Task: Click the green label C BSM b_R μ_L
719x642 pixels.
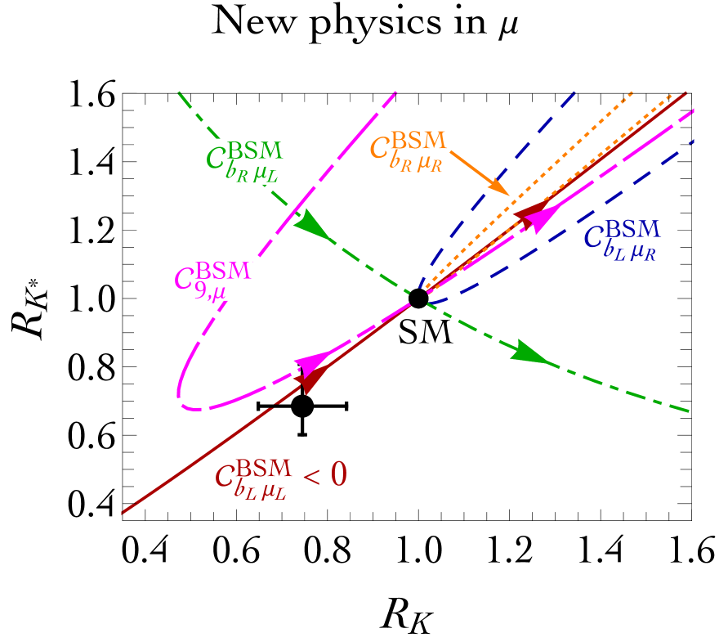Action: click(246, 160)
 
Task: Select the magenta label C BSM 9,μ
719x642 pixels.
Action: click(213, 281)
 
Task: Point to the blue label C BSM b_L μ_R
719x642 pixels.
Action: click(622, 240)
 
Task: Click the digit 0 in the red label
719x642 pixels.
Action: click(338, 475)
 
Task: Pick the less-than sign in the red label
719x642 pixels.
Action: click(310, 476)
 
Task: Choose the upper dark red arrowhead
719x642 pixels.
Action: click(529, 212)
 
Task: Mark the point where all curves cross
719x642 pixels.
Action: click(418, 301)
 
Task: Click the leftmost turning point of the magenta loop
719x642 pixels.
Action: click(179, 392)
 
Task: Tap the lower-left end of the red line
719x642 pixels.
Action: click(122, 514)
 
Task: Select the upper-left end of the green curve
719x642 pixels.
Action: click(178, 92)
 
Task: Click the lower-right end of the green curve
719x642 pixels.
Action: click(690, 411)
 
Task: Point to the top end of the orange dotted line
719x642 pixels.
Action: click(633, 90)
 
